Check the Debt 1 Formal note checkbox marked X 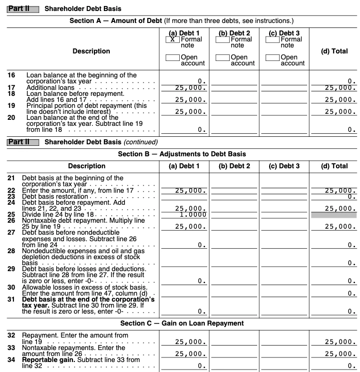[171, 39]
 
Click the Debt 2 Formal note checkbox [223, 39]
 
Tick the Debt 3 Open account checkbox [273, 58]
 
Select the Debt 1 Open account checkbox [171, 58]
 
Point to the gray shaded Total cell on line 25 [334, 215]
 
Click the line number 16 [11, 75]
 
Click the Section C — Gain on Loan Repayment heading [182, 324]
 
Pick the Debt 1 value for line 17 [191, 88]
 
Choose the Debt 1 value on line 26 [191, 227]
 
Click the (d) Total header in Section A [334, 51]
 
